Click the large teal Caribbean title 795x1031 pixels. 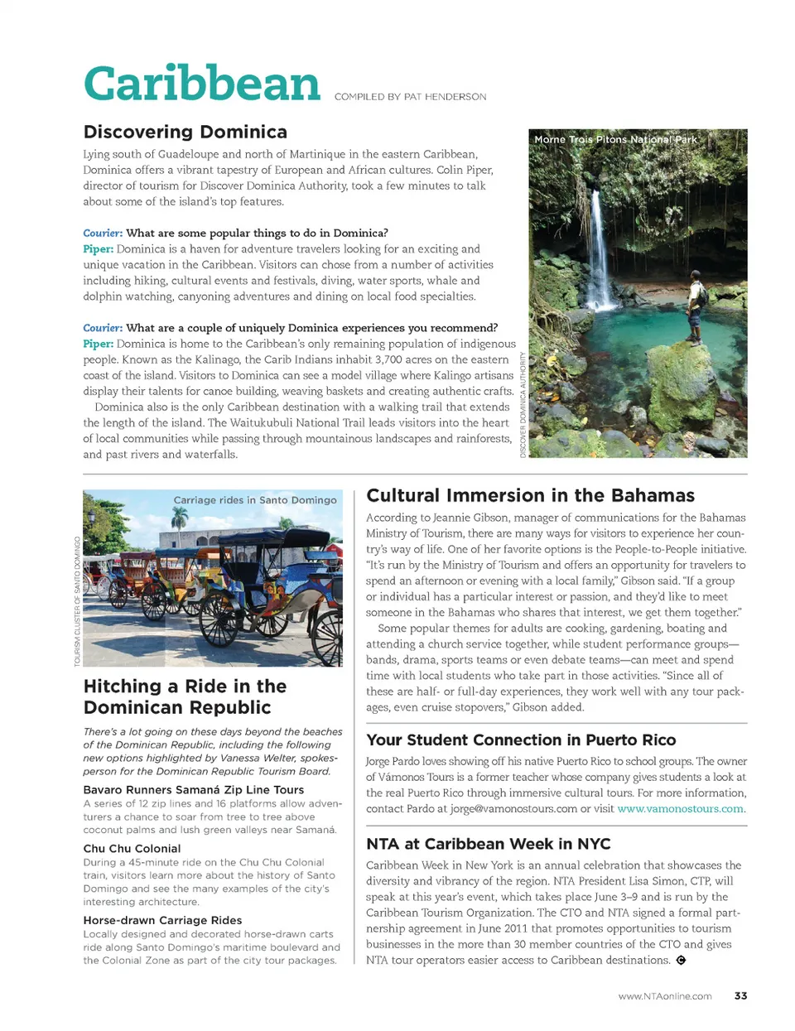coord(201,84)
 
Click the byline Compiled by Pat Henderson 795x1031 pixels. coord(410,97)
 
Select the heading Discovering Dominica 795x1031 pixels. coord(185,132)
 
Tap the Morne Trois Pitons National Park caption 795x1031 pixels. coord(615,139)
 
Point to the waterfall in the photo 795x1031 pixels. coord(598,248)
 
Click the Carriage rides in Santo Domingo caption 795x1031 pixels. coord(255,500)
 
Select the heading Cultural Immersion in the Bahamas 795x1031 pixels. coord(530,495)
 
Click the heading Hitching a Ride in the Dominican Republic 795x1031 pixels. coord(185,696)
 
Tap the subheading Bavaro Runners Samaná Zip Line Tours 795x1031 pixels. coord(194,790)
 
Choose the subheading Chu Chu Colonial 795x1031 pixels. coord(132,849)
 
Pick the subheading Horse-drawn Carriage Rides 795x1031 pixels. coord(162,920)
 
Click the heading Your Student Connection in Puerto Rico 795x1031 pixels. coord(521,740)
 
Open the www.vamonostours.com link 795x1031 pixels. coord(681,809)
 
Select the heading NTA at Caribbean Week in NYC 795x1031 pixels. coord(488,844)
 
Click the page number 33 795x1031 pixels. coord(740,996)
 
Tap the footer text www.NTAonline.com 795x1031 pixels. coord(664,996)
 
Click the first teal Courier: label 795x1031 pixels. coord(103,234)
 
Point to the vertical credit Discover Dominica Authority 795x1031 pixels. coord(523,404)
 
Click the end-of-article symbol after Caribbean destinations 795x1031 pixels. coord(681,961)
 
